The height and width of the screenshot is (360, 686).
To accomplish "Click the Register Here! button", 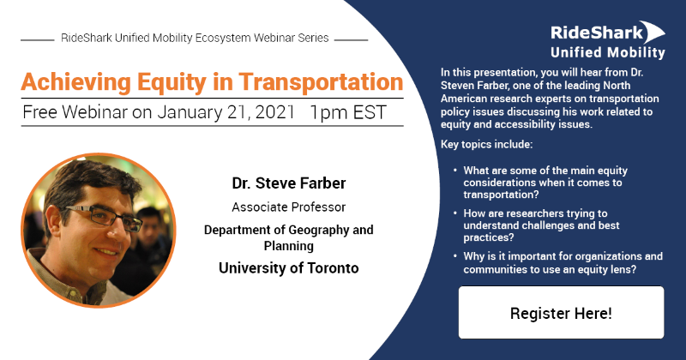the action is tap(561, 312).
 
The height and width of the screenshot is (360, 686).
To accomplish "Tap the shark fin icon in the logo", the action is tap(653, 32).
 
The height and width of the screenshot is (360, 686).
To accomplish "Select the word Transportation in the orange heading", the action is tap(321, 81).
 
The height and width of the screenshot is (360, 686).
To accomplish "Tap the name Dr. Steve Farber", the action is tap(289, 183).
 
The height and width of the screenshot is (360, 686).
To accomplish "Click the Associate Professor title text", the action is tap(289, 207).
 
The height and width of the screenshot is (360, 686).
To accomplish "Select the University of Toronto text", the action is tap(289, 267).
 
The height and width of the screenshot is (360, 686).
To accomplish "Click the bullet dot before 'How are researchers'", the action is tap(455, 213).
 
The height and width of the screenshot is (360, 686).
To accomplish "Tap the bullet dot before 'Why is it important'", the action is tap(455, 256).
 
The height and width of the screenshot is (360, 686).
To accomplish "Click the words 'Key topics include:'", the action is tap(486, 144).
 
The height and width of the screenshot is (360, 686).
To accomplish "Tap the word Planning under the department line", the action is tap(289, 246).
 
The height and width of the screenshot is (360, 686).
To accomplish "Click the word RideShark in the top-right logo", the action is tap(597, 33).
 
